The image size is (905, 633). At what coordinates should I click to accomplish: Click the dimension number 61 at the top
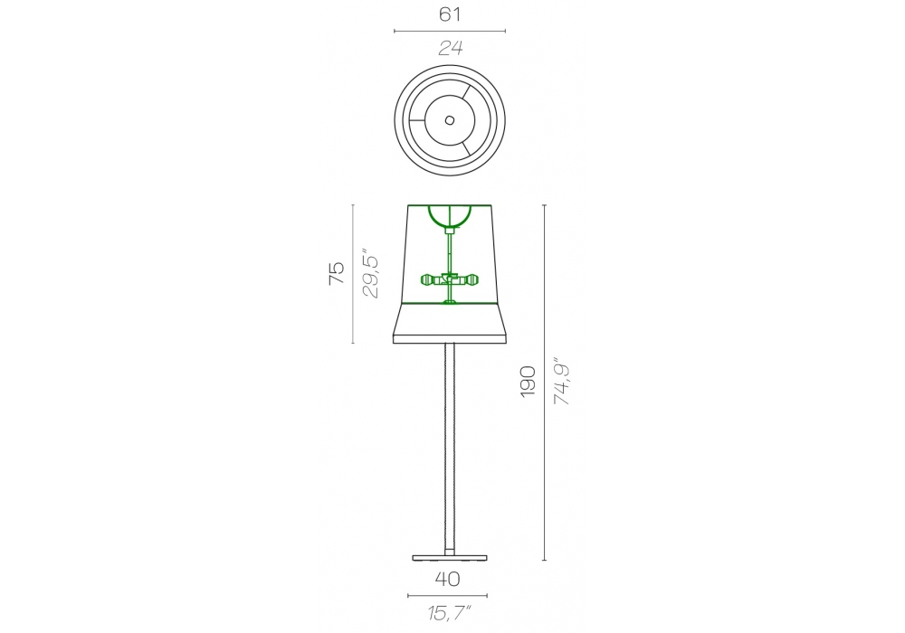(450, 14)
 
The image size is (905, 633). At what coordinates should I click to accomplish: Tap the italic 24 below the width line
(450, 48)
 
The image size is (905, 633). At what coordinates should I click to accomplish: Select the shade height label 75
(336, 273)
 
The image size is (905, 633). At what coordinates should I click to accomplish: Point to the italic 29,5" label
(370, 273)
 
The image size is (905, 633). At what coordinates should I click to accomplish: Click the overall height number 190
(529, 381)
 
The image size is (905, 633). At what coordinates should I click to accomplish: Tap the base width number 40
(447, 579)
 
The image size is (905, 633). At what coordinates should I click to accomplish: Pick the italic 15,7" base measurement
(450, 613)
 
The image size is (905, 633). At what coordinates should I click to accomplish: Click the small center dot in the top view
(450, 120)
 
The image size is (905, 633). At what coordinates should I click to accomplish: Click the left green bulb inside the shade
(431, 280)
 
